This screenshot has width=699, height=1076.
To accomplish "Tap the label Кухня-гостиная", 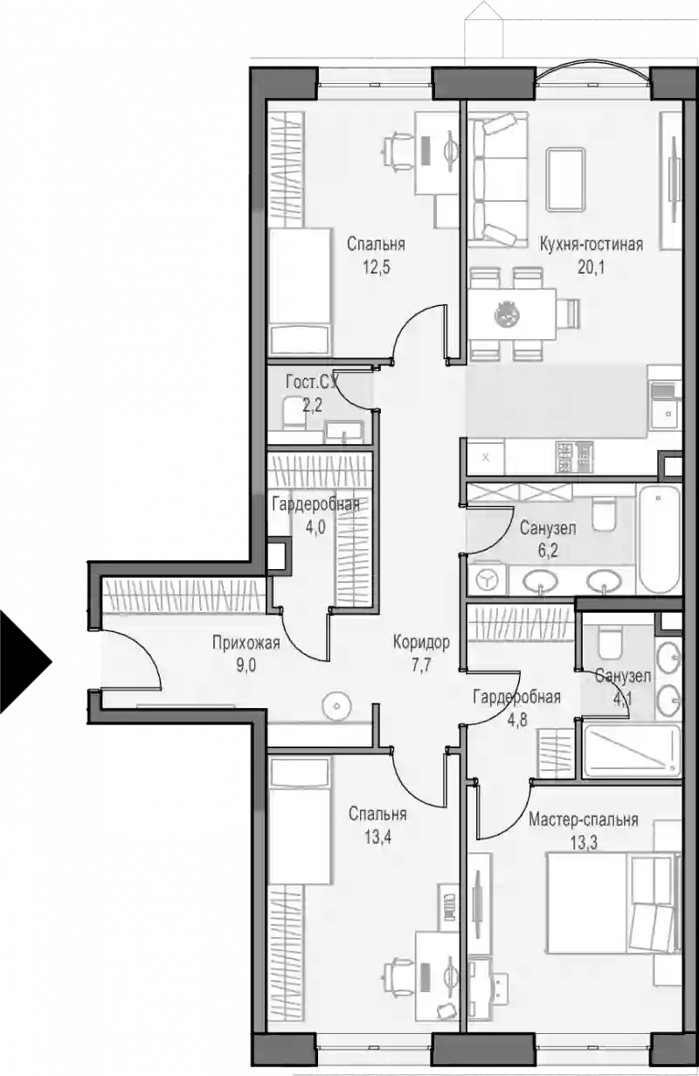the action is coord(591,244).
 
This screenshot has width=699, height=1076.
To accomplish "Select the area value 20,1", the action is coord(591,267).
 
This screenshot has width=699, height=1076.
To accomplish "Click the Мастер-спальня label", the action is coord(584,820).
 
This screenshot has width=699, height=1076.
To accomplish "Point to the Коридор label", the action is coord(421,642).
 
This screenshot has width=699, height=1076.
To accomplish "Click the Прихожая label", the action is coord(246,642).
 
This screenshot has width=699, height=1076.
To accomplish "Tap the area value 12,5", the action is coord(377,267).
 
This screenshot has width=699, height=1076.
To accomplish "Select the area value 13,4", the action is coord(377,837).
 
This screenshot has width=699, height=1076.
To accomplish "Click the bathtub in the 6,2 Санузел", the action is coord(658,539).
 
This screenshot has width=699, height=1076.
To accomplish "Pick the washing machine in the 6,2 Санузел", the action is coord(487,580).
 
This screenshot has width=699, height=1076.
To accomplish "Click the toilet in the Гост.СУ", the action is coord(294,413).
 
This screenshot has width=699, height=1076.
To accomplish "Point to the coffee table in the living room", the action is coord(566,179).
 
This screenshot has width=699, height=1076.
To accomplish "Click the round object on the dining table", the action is coord(507,315).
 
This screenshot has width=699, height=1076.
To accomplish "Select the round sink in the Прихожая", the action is coord(336,706).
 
